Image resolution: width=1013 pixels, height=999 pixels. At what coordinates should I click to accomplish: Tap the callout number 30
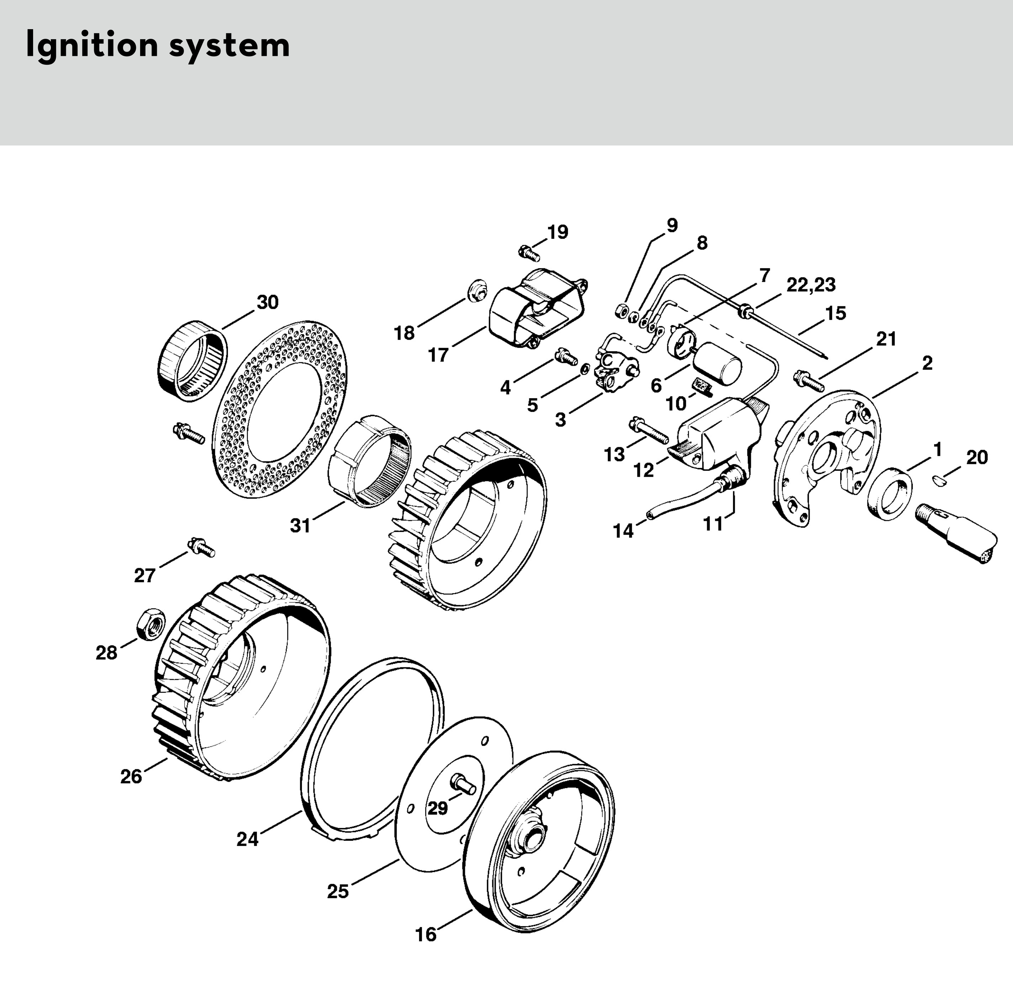click(267, 303)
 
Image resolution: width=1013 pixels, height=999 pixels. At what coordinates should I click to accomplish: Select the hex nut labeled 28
click(150, 624)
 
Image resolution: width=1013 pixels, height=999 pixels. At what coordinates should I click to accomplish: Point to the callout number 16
click(426, 935)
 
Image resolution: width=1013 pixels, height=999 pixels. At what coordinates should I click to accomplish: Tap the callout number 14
click(624, 531)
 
